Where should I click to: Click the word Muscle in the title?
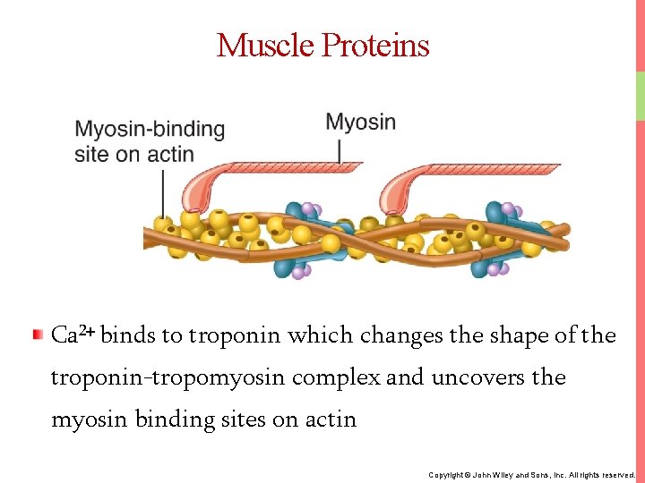tap(265, 45)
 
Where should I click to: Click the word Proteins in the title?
tap(375, 45)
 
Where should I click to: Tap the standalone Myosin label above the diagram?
tap(360, 123)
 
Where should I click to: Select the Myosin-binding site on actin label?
tap(149, 141)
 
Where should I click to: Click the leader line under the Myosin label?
tap(340, 149)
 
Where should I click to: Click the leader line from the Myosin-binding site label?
tap(162, 192)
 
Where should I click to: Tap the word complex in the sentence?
tap(343, 377)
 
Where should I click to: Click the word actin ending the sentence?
tap(333, 419)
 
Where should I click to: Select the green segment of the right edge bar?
tap(640, 95)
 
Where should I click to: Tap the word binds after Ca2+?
tap(128, 336)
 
